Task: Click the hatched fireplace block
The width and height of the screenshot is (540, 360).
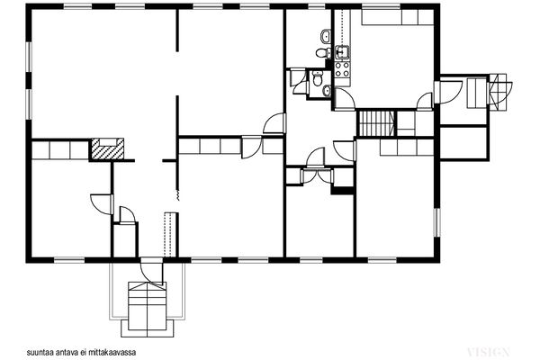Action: tap(107, 149)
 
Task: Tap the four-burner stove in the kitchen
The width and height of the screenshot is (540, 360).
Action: tap(342, 68)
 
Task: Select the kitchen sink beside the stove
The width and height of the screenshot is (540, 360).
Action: tap(342, 52)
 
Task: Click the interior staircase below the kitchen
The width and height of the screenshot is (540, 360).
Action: tap(376, 123)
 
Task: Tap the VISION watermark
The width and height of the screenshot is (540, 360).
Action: tap(489, 352)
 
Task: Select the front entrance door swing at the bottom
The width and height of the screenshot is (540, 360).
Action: tap(150, 272)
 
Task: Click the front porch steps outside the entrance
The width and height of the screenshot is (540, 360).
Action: tap(148, 309)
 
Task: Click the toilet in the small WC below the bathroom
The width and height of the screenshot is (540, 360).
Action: tap(317, 78)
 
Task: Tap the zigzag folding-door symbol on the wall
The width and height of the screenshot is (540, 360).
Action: tap(177, 195)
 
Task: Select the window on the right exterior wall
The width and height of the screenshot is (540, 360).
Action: tap(436, 222)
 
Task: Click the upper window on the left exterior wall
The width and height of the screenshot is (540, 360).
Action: tap(30, 58)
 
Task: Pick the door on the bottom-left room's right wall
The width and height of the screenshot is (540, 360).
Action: tap(102, 204)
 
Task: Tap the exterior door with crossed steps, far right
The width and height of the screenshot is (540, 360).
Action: tap(500, 92)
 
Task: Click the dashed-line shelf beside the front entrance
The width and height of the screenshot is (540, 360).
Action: tap(169, 235)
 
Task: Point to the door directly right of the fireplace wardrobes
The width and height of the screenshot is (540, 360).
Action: tap(252, 148)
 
